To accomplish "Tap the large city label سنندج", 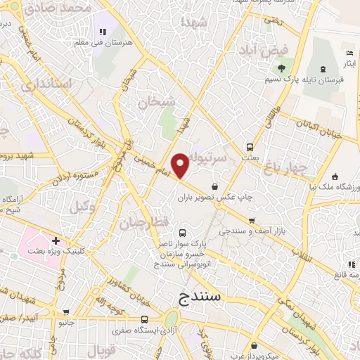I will (x=200, y=297).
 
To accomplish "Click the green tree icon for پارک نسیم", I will (x=281, y=68).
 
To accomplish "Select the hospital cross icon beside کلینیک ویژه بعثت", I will (x=55, y=240).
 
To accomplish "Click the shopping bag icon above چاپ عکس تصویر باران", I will (x=214, y=186).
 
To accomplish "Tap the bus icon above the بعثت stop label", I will (x=250, y=147).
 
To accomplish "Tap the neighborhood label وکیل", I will (x=83, y=207).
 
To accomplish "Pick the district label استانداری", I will (x=47, y=85).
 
